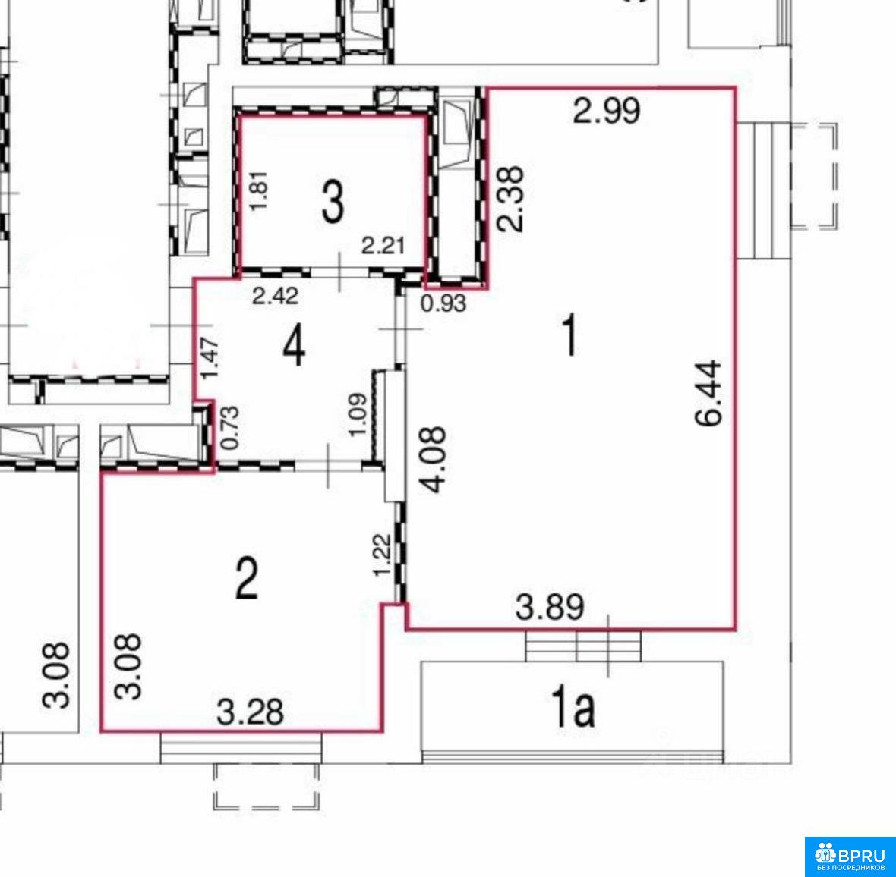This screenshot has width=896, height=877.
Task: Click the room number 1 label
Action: click(x=569, y=336)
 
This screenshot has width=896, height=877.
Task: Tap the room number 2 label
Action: click(x=247, y=578)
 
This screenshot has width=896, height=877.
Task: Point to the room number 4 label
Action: click(x=294, y=347)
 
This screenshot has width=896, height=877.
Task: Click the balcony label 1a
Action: click(x=573, y=707)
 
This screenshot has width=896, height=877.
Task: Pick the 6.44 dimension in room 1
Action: click(x=709, y=393)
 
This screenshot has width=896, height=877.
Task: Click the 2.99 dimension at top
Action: click(x=606, y=111)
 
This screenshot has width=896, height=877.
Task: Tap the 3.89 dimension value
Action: click(x=550, y=607)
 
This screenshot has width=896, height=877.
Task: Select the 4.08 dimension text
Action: click(x=432, y=460)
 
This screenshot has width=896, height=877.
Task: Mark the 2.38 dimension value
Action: click(x=510, y=199)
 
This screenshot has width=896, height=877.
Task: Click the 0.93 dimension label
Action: click(x=443, y=303)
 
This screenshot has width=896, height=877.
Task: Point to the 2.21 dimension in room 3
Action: click(x=383, y=246)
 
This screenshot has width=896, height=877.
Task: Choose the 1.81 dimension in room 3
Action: click(x=260, y=190)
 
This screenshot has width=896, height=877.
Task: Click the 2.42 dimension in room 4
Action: click(x=276, y=296)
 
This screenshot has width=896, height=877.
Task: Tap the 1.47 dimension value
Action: click(x=210, y=357)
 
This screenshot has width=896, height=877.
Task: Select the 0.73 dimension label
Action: click(x=230, y=427)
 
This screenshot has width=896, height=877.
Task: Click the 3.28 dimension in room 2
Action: click(x=250, y=712)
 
